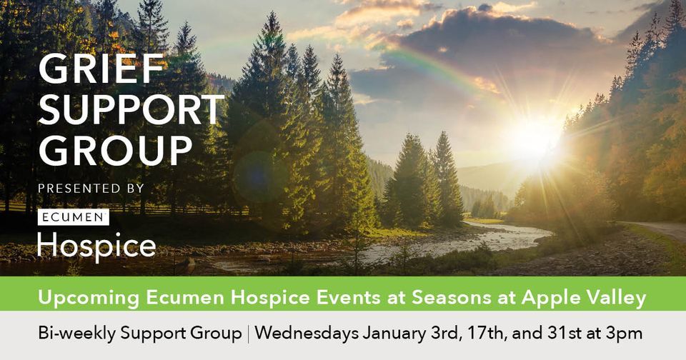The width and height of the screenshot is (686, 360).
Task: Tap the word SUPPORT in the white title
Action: [131, 111]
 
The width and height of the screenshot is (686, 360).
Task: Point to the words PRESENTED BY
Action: [91, 189]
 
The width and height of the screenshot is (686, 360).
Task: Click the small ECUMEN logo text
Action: [72, 216]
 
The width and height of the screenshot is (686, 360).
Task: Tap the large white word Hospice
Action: [96, 245]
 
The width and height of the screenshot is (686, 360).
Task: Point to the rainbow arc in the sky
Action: [436, 64]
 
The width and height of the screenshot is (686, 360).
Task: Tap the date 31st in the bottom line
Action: [564, 334]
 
